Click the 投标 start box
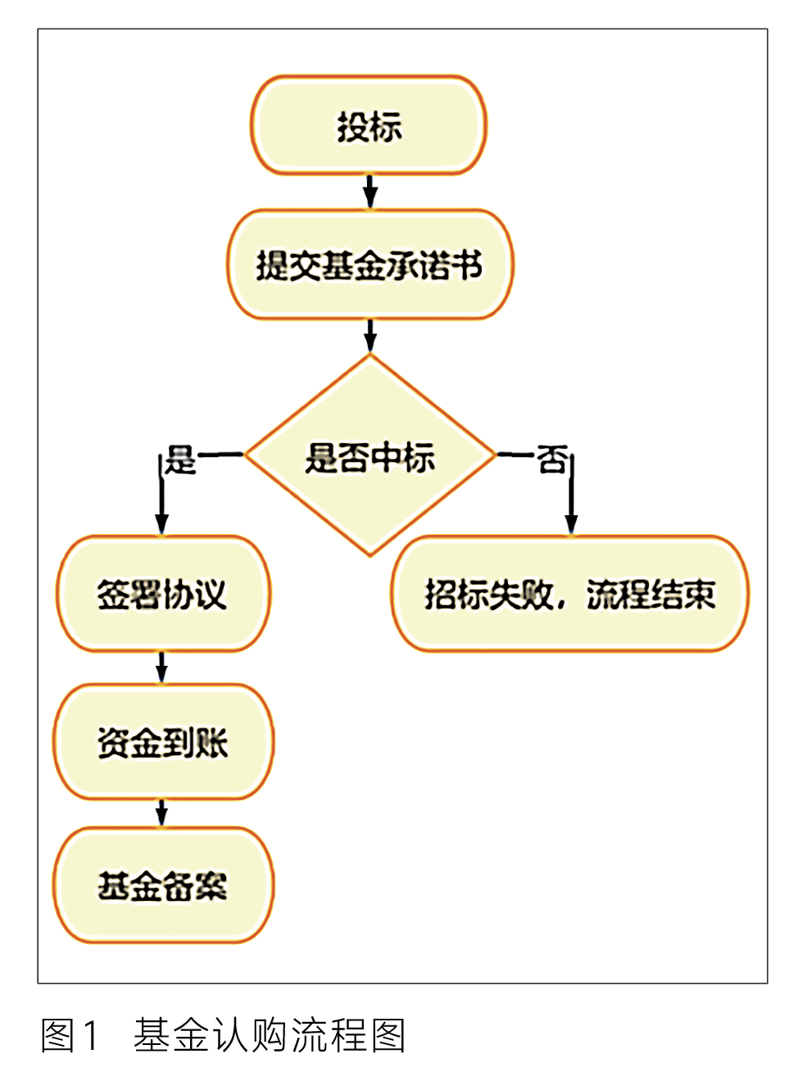369,125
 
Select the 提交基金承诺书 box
370,265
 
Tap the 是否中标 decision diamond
370,456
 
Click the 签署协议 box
162,594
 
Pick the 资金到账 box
163,742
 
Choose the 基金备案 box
163,885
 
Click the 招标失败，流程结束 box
569,594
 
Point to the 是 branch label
180,459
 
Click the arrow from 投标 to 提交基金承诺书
370,191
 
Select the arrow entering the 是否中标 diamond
370,336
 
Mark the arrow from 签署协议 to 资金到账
161,667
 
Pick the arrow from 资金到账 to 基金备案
161,812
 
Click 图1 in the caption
70,1035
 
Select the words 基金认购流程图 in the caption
270,1035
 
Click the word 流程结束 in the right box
651,595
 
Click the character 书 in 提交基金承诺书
468,265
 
